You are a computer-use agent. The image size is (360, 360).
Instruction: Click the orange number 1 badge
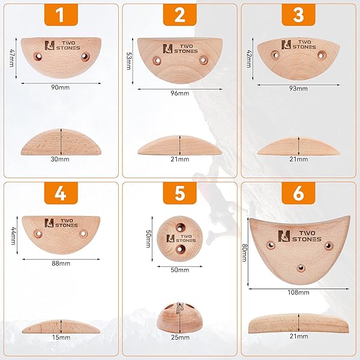61,14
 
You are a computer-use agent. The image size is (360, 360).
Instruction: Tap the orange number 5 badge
180,193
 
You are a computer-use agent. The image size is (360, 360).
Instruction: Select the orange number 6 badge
298,193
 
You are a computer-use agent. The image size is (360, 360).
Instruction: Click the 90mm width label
60,88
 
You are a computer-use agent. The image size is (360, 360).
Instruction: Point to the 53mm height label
128,61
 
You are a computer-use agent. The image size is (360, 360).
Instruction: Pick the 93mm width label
298,89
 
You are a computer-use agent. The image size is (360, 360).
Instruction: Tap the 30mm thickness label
60,159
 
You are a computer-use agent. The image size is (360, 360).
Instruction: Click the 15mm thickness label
61,337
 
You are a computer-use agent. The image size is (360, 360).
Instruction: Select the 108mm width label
298,293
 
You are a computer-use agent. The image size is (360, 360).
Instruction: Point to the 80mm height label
244,253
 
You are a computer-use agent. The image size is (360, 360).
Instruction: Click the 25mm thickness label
180,337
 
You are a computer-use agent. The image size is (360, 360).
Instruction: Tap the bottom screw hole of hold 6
301,268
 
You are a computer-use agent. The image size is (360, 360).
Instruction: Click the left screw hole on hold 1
38,56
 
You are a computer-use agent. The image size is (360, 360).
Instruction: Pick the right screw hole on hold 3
322,55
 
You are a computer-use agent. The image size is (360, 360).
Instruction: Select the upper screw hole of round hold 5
180,228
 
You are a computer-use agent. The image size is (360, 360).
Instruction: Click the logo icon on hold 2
167,49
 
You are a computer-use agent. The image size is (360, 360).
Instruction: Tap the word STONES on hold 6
307,239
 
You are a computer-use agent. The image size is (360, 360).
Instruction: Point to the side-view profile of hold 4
61,326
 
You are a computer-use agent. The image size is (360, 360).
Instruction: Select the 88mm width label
61,263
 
